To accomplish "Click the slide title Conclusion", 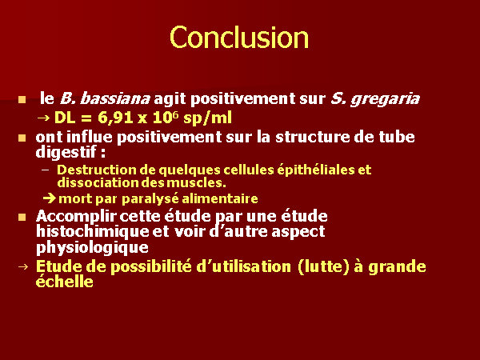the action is pyautogui.click(x=239, y=38).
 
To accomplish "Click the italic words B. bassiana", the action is pyautogui.click(x=105, y=98).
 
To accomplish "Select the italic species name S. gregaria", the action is pyautogui.click(x=375, y=99).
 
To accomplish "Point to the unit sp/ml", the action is pyautogui.click(x=207, y=118).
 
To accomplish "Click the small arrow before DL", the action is pyautogui.click(x=43, y=118).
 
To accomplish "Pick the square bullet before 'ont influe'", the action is pyautogui.click(x=22, y=138).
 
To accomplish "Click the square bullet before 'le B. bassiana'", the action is pyautogui.click(x=22, y=100).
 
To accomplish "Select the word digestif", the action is pyautogui.click(x=66, y=152).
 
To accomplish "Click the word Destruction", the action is pyautogui.click(x=96, y=170).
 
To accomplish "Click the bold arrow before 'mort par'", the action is pyautogui.click(x=50, y=198).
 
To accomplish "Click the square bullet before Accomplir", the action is pyautogui.click(x=22, y=217).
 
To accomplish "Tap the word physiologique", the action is pyautogui.click(x=92, y=247).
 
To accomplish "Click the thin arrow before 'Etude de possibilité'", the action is pyautogui.click(x=23, y=266).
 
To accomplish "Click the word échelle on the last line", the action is pyautogui.click(x=65, y=282).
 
